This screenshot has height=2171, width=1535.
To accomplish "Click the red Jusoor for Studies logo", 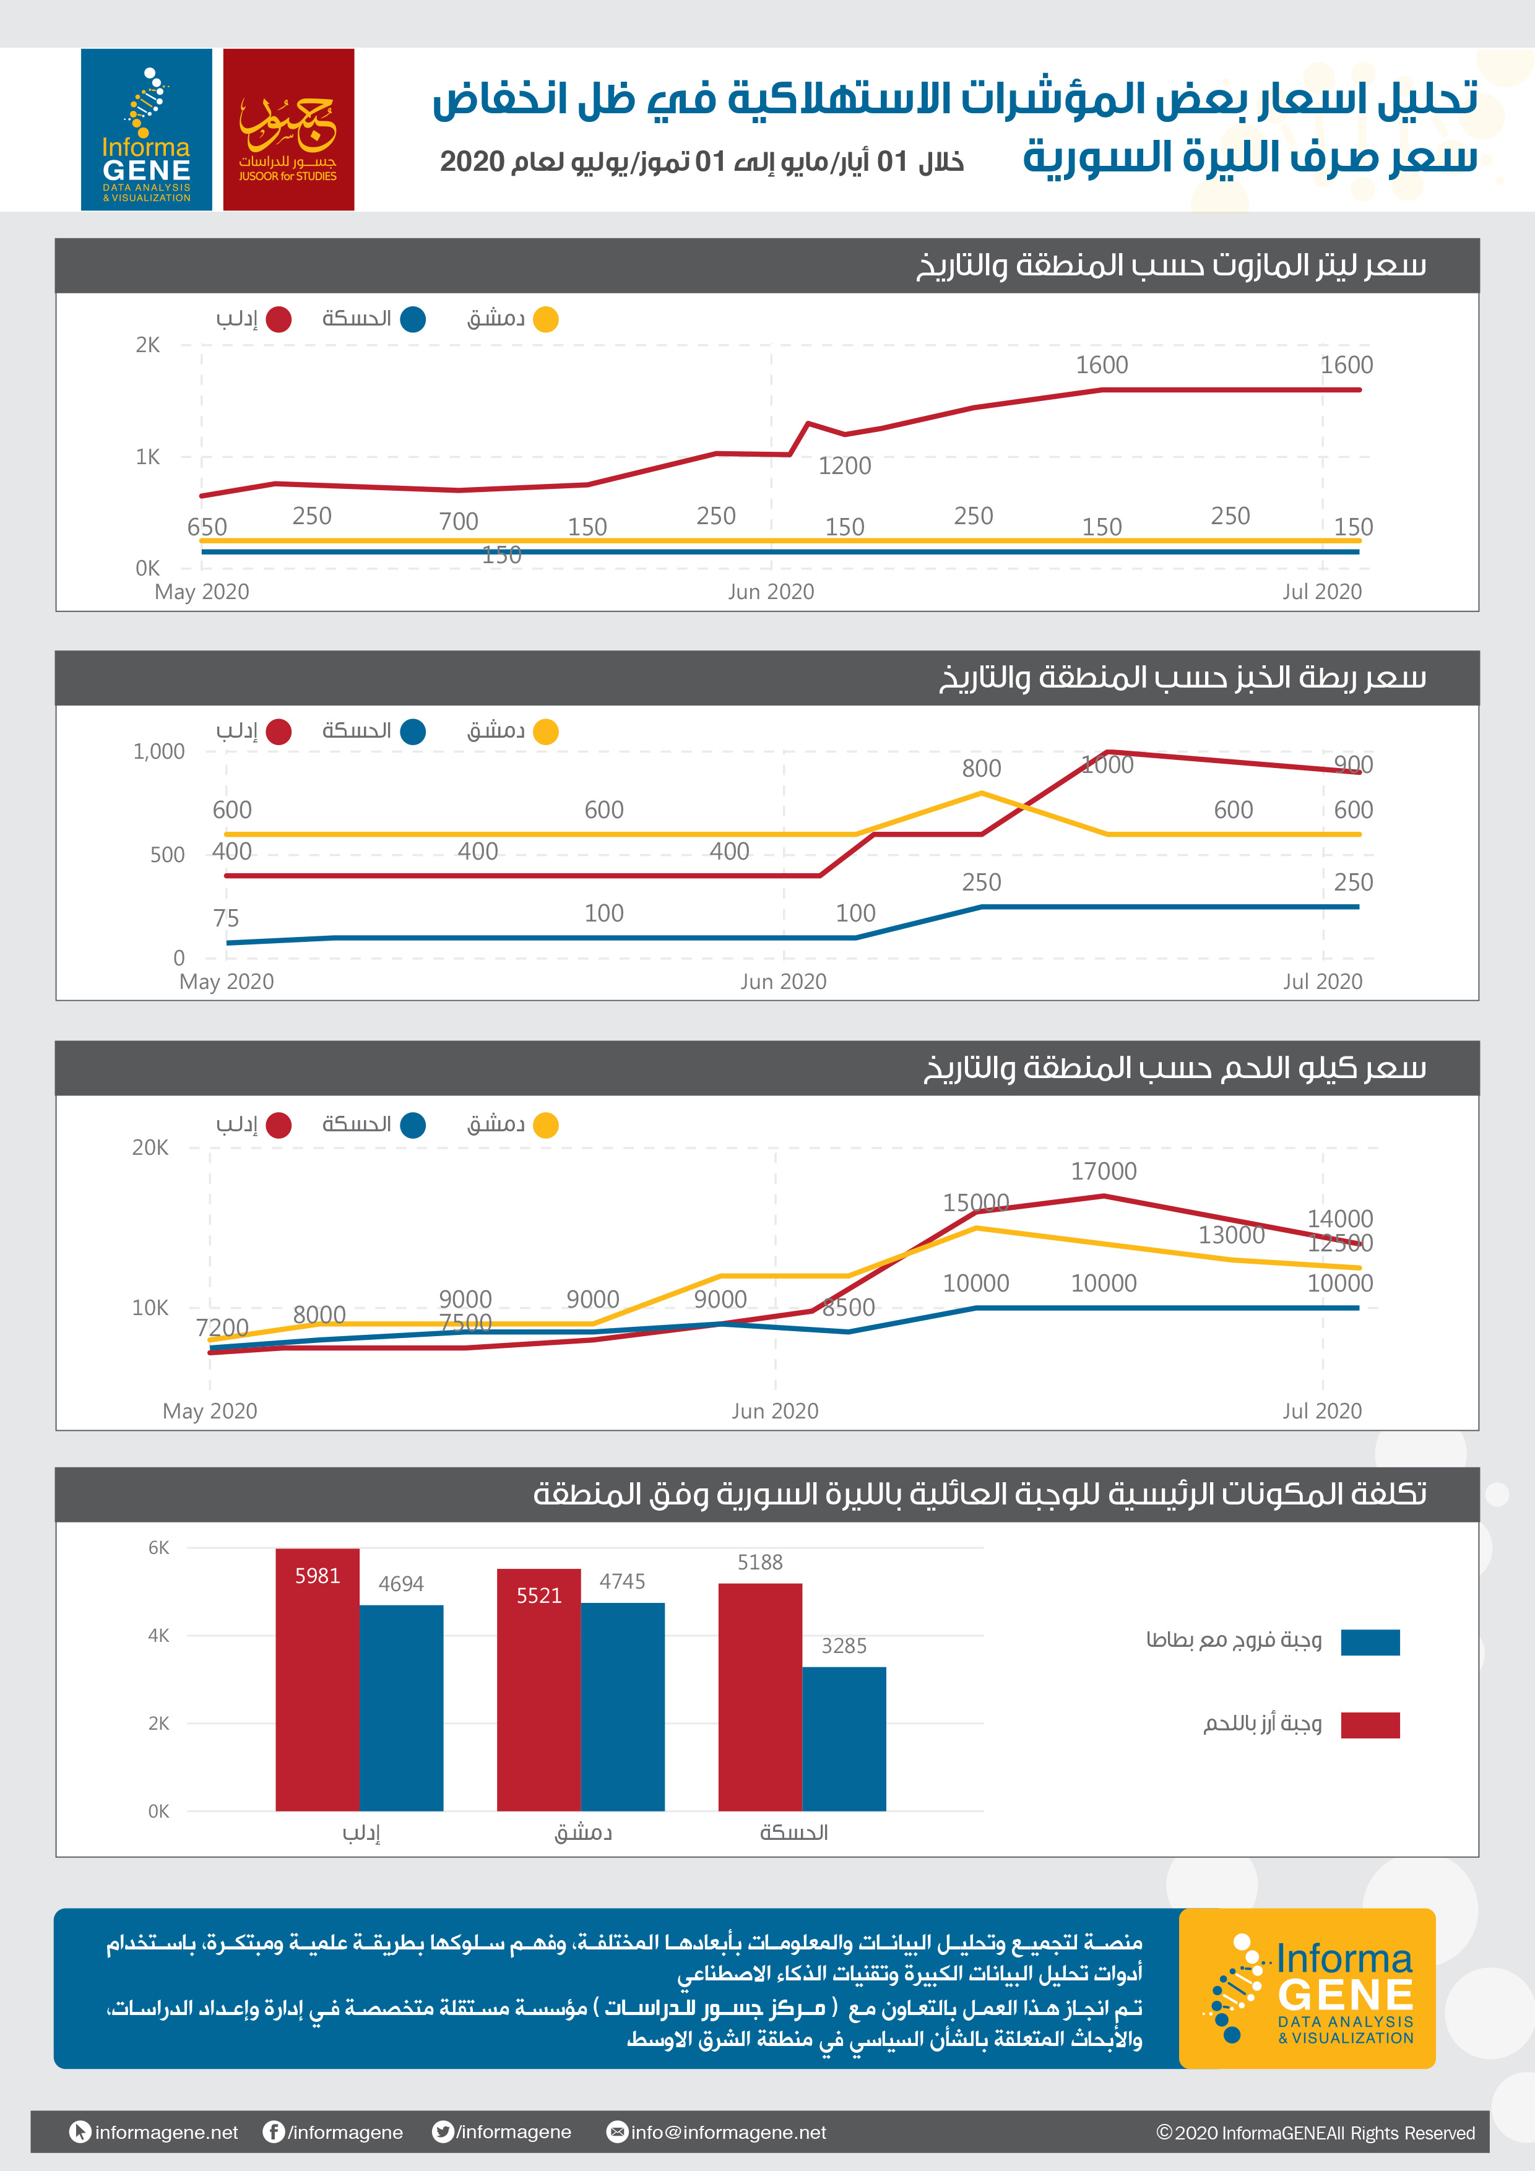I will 288,129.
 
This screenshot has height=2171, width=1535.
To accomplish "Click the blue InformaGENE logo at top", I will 147,129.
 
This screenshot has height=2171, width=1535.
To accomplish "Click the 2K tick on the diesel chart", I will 147,345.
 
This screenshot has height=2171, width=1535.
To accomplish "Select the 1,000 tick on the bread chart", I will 159,752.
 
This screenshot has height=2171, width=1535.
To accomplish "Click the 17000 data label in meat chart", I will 1104,1172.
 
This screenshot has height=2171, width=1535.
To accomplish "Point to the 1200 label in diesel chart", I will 845,466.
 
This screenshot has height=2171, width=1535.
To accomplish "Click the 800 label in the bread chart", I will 982,769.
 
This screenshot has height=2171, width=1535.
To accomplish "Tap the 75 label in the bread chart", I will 226,918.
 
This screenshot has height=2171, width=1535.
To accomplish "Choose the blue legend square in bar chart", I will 1370,1642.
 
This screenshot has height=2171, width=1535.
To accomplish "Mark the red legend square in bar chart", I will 1370,1725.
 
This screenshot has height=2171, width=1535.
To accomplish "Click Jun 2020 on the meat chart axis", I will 774,1411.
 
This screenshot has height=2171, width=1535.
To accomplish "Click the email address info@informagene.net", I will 729,2132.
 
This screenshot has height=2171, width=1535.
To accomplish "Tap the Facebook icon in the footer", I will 274,2131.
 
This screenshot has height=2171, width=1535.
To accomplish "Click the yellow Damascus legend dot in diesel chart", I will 546,319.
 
